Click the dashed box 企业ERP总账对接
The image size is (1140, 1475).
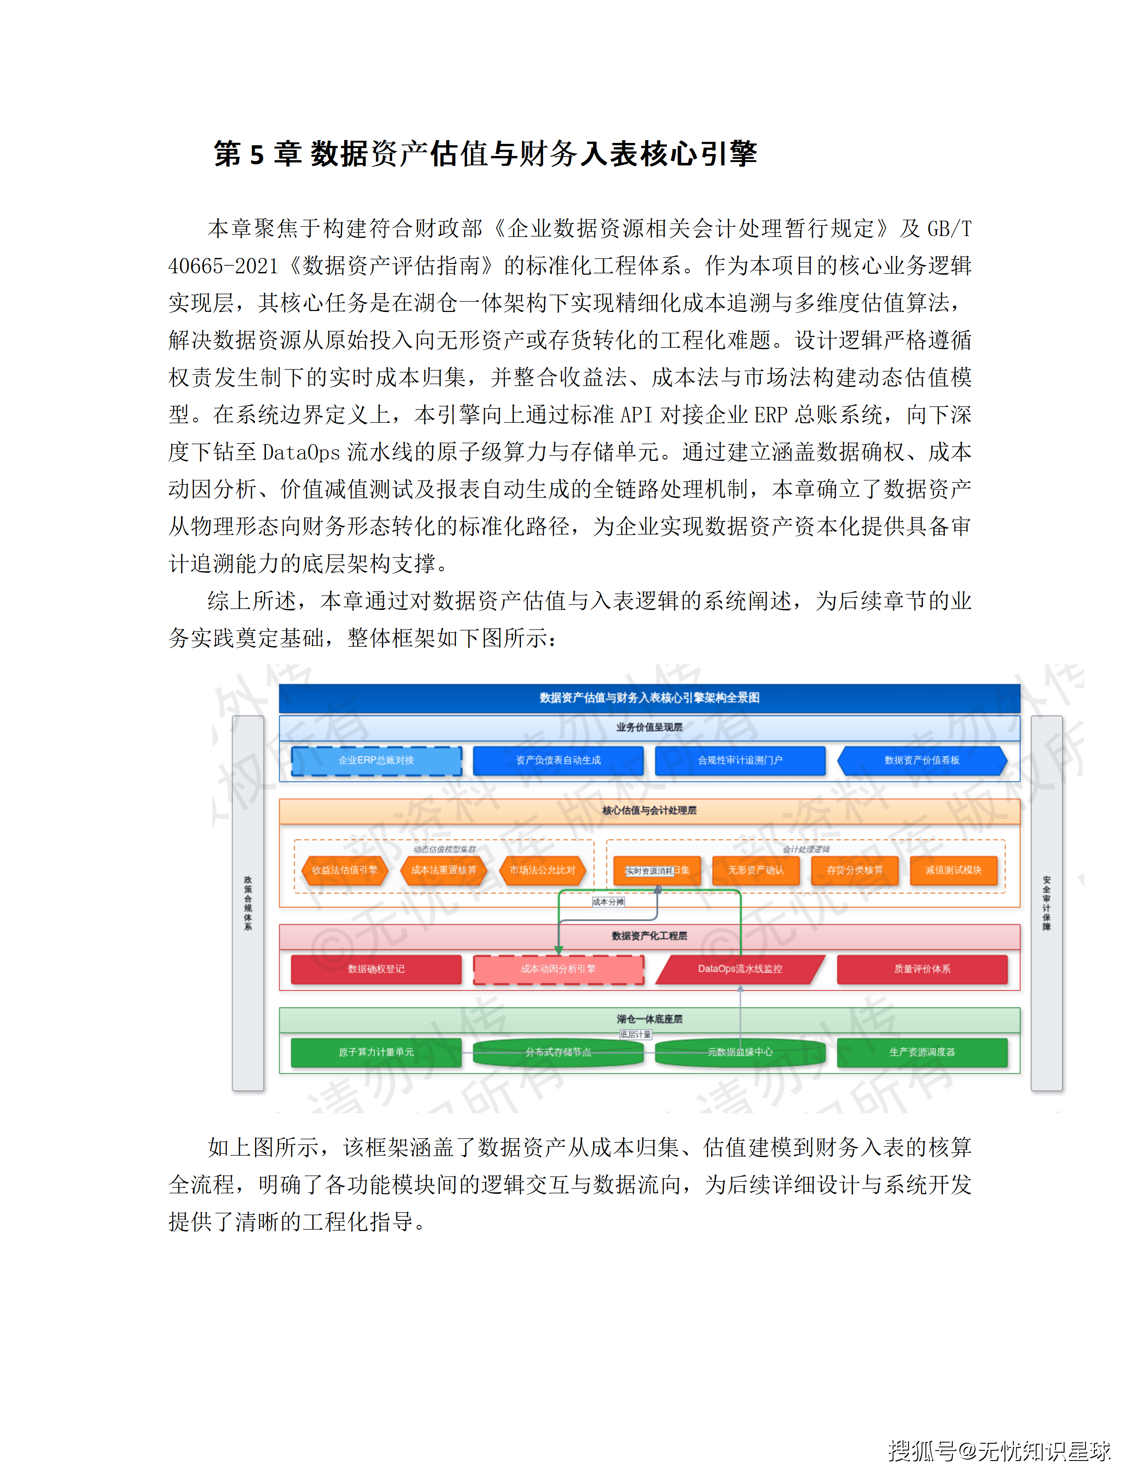pos(376,760)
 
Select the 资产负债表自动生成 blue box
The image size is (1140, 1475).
pos(558,760)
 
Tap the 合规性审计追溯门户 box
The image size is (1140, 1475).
pos(740,760)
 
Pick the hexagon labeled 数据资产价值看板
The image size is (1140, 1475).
pos(922,760)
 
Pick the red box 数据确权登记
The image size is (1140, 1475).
pos(376,969)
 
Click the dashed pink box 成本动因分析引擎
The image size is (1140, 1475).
pos(558,969)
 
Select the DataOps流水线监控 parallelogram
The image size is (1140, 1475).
pos(740,969)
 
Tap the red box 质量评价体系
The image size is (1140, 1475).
pos(922,969)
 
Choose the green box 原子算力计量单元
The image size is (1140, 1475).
pos(376,1052)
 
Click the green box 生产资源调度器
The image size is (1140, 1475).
pos(922,1052)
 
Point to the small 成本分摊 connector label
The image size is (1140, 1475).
pos(608,901)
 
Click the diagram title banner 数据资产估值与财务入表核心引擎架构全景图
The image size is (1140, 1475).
pos(649,697)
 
